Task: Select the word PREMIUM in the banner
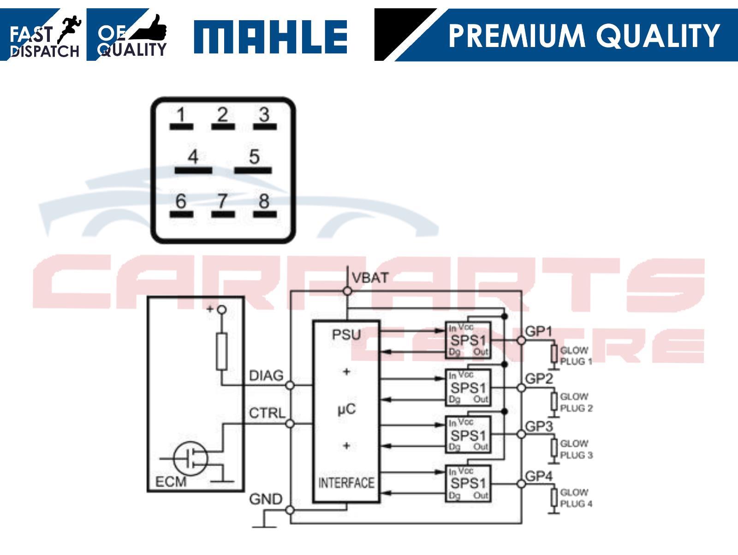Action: click(516, 36)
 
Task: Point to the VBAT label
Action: click(370, 278)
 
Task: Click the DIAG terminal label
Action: click(266, 375)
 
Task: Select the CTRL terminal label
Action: click(267, 413)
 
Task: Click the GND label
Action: click(266, 499)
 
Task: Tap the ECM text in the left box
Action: click(171, 482)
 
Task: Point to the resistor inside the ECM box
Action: click(222, 351)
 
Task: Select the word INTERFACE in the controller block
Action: click(346, 483)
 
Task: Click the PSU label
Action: click(346, 334)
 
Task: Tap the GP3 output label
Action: click(539, 426)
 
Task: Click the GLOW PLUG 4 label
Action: click(575, 498)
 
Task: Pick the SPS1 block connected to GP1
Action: click(468, 340)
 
